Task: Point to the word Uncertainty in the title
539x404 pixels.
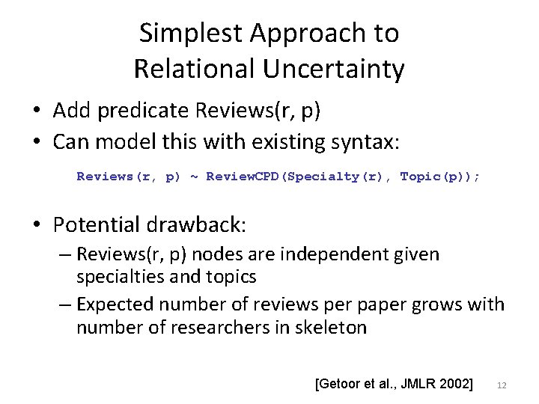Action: point(332,69)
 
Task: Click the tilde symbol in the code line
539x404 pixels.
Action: point(194,177)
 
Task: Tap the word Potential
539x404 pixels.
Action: point(101,224)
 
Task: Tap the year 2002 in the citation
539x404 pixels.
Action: point(454,385)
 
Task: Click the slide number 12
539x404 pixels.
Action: point(502,385)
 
